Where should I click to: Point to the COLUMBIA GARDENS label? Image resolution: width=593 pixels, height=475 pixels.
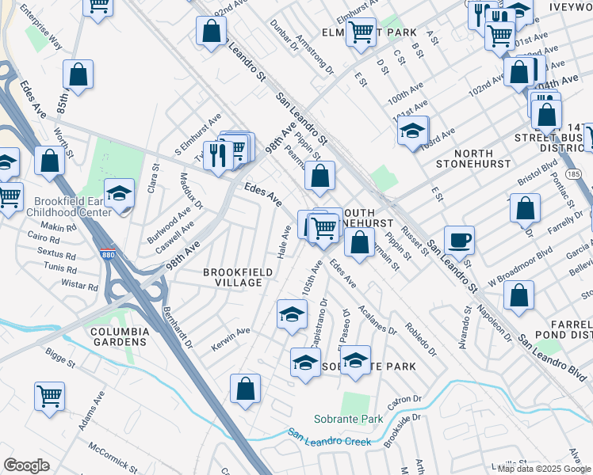[x=118, y=336]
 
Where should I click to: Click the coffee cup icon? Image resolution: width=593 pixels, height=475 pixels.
[x=458, y=238]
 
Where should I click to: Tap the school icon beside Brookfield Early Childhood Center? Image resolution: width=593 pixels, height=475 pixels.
[x=119, y=193]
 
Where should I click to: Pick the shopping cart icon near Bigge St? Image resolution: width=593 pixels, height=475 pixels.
[x=49, y=393]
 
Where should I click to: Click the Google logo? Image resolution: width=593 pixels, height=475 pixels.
[x=26, y=465]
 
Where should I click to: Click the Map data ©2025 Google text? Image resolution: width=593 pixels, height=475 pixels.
[x=541, y=469]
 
